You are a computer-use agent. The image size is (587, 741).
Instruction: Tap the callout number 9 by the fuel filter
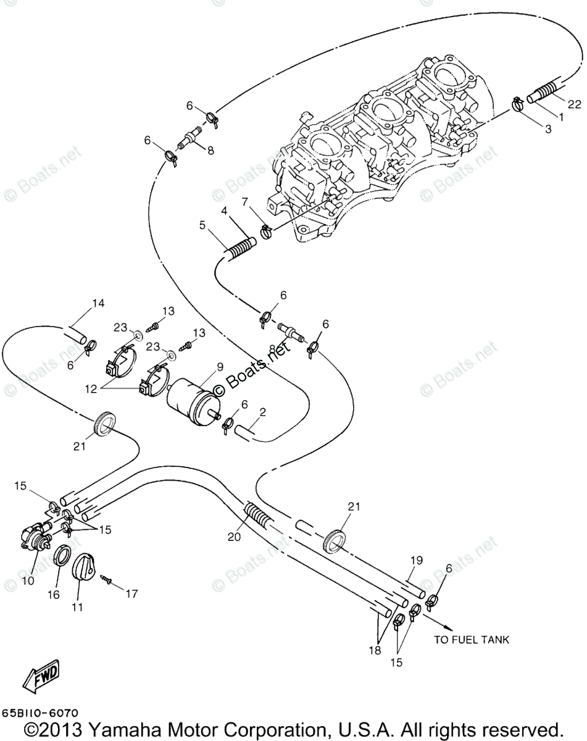point(219,367)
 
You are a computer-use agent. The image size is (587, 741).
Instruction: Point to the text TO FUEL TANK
point(472,640)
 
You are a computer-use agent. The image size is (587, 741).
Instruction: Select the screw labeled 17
point(107,579)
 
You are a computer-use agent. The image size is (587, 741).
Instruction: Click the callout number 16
point(54,595)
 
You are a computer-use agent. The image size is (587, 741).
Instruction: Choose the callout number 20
point(234,537)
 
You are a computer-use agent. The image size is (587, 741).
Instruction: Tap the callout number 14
point(99,303)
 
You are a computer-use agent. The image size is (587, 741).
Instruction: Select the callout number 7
point(245,202)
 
